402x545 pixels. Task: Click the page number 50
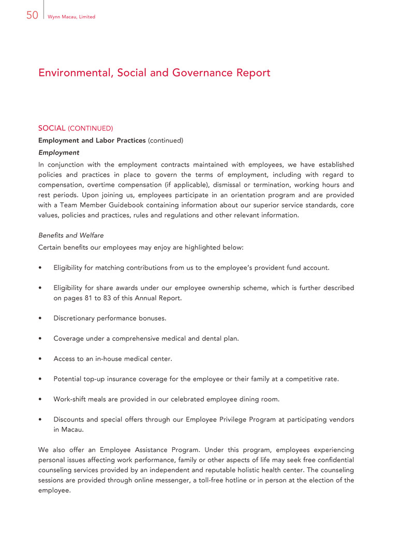(32, 16)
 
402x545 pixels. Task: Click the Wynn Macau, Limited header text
(71, 17)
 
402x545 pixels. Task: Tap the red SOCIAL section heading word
(52, 128)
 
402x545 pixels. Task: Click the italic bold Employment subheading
(59, 153)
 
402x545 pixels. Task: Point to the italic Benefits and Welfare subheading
(71, 235)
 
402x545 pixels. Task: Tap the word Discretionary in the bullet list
(76, 318)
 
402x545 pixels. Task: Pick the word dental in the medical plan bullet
(213, 338)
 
